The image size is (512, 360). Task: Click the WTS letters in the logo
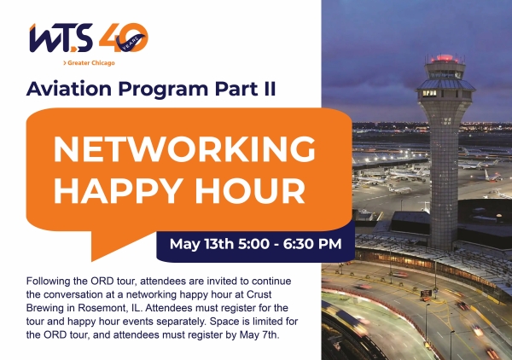(x=61, y=38)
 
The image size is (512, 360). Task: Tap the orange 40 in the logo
(x=124, y=38)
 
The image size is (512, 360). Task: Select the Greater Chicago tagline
(x=89, y=62)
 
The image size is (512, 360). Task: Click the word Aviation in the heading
(x=69, y=89)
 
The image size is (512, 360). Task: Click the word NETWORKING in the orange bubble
(x=184, y=148)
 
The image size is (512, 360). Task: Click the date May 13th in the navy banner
(x=201, y=244)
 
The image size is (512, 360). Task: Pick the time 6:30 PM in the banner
(x=312, y=244)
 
